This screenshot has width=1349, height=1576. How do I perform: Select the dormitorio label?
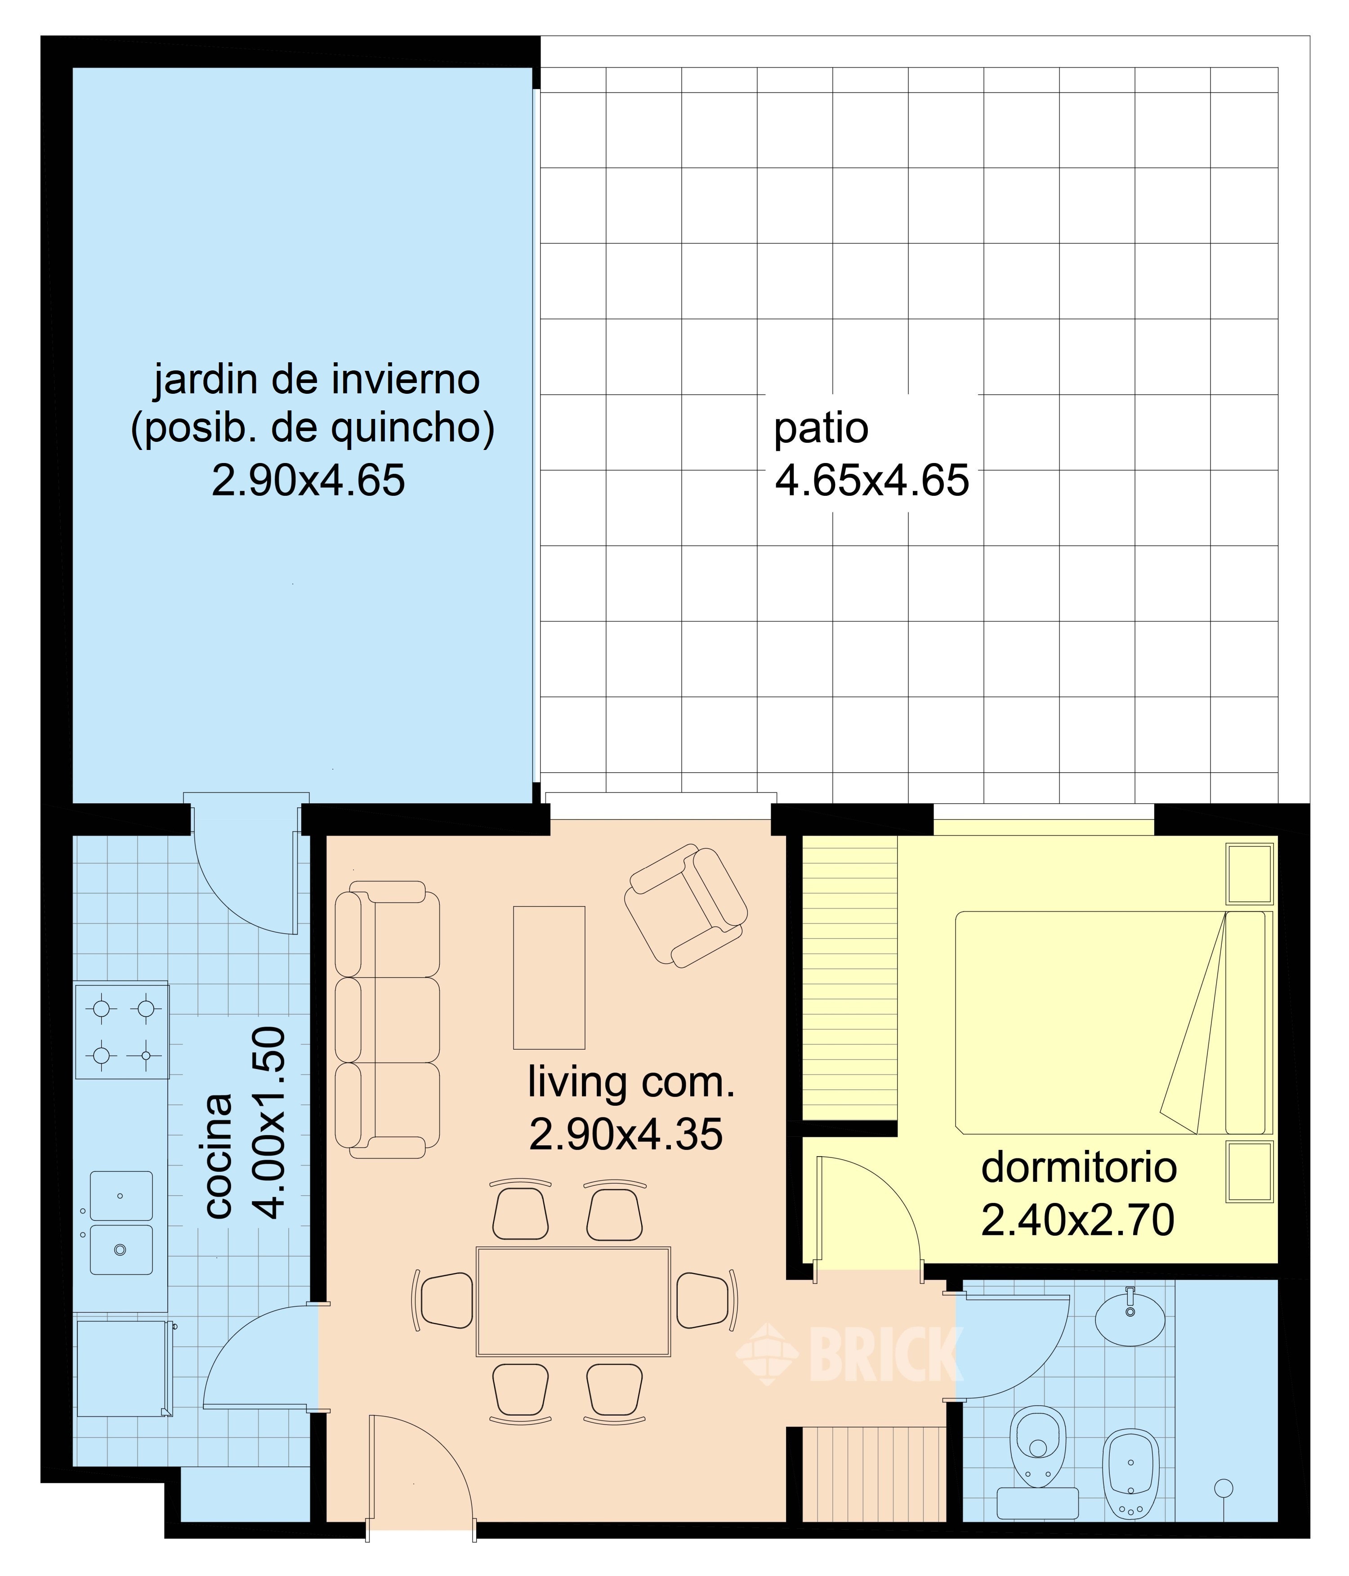pos(1078,1167)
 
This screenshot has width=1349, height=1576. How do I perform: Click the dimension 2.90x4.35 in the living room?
pos(625,1135)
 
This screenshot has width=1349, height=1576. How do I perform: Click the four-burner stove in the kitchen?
pos(122,1031)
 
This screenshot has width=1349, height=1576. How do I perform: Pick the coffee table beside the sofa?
pos(549,977)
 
